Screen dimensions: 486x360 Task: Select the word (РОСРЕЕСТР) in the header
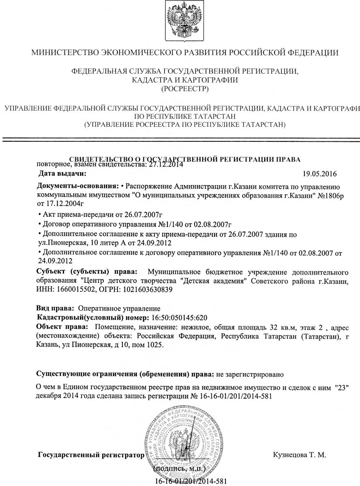(x=180, y=88)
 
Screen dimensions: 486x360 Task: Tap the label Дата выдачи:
(x=62, y=174)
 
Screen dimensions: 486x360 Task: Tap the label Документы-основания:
(x=78, y=186)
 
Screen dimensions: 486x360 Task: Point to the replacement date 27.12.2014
(x=166, y=164)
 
